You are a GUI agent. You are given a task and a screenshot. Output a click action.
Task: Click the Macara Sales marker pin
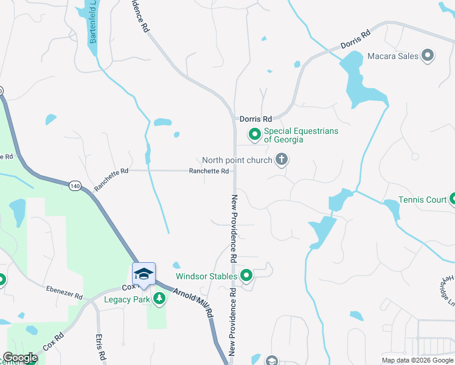click(428, 56)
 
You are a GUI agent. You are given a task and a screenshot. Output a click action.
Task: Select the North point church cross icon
click(281, 160)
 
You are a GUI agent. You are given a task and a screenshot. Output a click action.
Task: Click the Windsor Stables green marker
click(246, 276)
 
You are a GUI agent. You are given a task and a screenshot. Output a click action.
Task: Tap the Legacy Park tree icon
click(159, 298)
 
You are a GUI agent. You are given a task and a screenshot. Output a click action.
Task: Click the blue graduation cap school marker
click(144, 273)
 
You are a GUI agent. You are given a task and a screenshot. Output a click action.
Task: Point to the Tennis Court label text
click(423, 200)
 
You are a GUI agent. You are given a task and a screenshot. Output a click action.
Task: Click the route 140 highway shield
click(75, 185)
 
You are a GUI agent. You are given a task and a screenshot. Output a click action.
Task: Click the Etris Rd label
click(100, 346)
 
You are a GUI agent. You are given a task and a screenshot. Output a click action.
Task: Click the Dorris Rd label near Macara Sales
click(355, 41)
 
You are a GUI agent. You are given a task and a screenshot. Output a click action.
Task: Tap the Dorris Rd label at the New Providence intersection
click(255, 120)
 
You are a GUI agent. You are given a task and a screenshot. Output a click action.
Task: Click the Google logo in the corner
click(20, 358)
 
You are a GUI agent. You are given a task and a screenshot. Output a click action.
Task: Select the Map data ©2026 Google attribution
click(417, 360)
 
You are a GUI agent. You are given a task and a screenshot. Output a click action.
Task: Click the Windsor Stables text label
click(206, 276)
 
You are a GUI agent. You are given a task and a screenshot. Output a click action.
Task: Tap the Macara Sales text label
click(393, 56)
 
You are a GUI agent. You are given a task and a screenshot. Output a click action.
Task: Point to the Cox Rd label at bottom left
click(54, 344)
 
